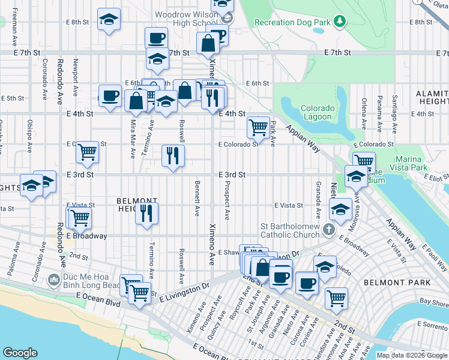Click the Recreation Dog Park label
click(292, 23)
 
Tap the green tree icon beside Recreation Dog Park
click(340, 22)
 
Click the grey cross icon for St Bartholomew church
click(328, 229)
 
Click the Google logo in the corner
click(20, 353)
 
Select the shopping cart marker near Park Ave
click(258, 127)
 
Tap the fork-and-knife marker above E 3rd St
click(173, 155)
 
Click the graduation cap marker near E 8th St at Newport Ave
click(109, 20)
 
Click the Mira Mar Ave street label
click(133, 139)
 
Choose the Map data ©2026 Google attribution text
click(412, 355)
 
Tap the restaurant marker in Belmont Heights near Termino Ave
click(146, 213)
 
